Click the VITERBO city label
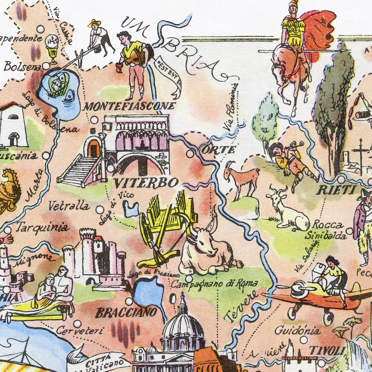tap(139, 182)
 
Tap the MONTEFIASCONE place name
tap(129, 106)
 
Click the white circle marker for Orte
tap(190, 153)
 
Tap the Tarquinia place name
tap(42, 228)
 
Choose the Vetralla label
tap(69, 206)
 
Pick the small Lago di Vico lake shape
tap(133, 210)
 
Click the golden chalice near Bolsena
tap(52, 48)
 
